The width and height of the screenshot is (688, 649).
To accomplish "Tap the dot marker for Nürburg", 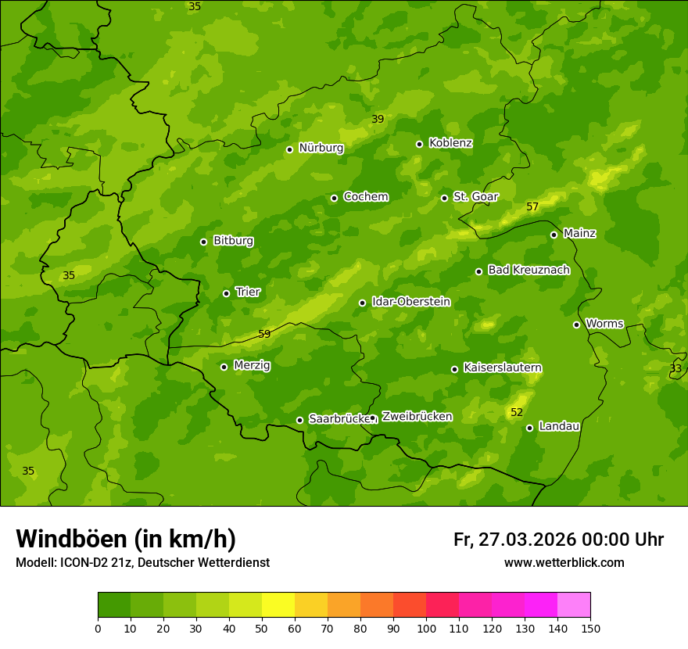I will pos(289,149).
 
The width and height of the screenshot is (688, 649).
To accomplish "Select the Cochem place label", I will pos(365,197).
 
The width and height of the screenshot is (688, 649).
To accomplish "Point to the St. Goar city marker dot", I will pos(444,198).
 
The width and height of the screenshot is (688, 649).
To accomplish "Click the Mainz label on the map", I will pos(579,234).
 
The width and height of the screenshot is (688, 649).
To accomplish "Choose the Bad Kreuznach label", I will pos(529,270).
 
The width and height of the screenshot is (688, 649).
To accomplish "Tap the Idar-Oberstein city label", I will pos(410,302).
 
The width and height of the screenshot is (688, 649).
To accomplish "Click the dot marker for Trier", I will pos(226,294).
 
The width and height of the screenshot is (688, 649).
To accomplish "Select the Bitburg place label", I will pos(233,241).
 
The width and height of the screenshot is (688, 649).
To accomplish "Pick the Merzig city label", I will pos(252,365).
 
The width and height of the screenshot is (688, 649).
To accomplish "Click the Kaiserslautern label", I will pos(503,368).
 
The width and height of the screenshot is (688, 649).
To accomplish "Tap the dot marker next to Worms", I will pos(576,324).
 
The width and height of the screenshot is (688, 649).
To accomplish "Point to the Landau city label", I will pos(559,426).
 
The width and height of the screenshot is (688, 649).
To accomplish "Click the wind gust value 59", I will pos(264,335).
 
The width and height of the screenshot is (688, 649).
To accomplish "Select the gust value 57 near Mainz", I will pos(532,207).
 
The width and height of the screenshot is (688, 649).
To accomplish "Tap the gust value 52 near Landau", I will pos(517,413).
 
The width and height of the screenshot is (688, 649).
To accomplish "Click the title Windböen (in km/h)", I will pos(126,539).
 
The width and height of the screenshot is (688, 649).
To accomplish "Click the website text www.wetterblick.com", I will pos(564,563).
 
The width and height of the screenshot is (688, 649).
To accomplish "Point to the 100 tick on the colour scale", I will pos(426,628).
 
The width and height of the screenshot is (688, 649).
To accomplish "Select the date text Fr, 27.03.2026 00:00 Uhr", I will pos(558,540).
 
